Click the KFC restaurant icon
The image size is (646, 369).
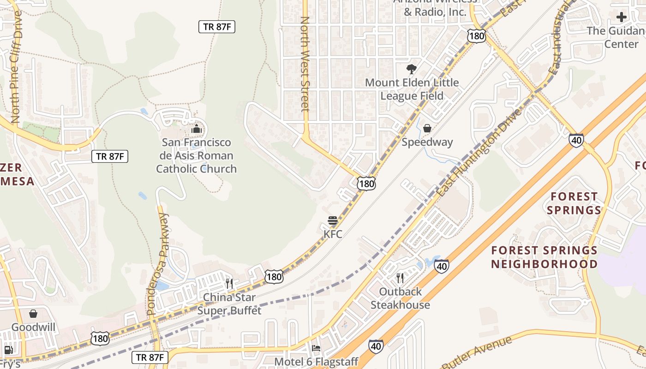coord(333,220)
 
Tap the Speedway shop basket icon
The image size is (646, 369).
coord(427,128)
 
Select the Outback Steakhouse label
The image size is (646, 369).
coord(400,298)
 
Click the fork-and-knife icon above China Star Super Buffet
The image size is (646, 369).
coord(229,283)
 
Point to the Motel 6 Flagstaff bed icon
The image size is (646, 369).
coord(316,348)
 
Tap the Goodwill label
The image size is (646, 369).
coord(33,327)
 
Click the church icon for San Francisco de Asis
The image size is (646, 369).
coord(197,129)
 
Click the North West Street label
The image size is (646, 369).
coord(305,65)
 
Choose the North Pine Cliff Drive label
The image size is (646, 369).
coord(15,67)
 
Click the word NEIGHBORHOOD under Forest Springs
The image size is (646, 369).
coord(544,264)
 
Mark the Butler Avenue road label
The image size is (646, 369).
coord(478,352)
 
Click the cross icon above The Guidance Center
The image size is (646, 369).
coord(622,17)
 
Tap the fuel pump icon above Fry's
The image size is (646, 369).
coord(8,350)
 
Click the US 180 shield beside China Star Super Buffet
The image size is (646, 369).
coord(274,277)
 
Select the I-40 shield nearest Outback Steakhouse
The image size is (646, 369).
coord(442,266)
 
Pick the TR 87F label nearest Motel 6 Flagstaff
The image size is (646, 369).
coord(150,357)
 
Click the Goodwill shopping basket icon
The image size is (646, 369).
coord(33,314)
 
